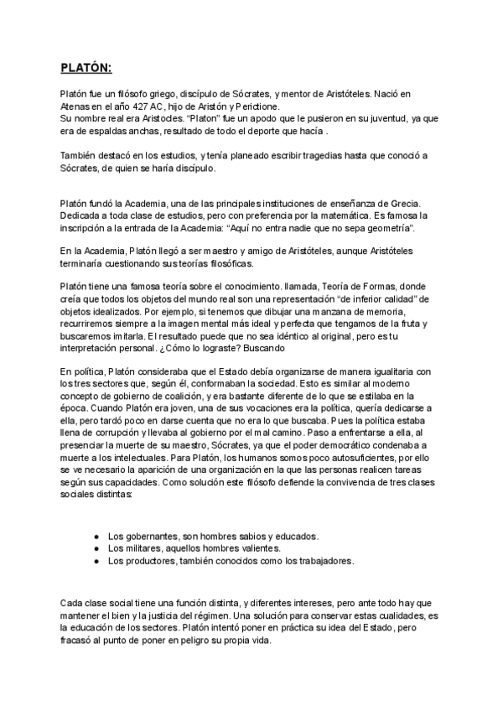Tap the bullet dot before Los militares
pyautogui.click(x=96, y=548)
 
